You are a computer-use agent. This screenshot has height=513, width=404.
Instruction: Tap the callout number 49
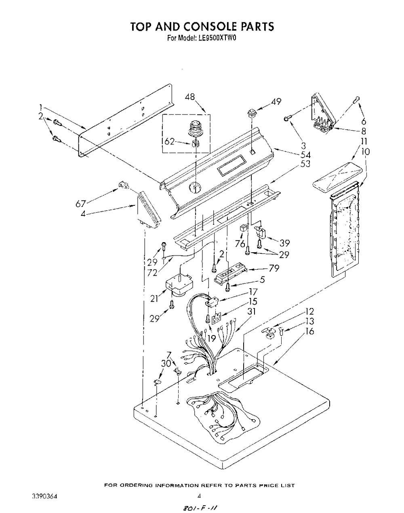[276, 101]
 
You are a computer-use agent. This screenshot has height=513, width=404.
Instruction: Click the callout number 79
[274, 268]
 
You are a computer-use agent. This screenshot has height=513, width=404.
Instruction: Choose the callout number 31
[251, 311]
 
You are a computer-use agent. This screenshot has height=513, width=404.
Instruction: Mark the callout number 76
[240, 244]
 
